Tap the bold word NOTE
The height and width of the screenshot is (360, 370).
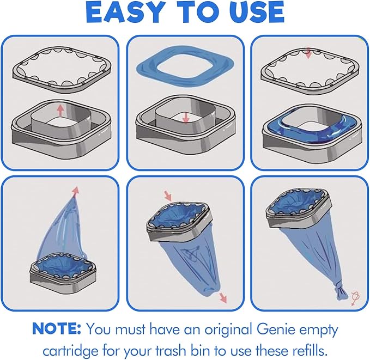tap(56, 328)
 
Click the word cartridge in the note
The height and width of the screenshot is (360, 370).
tap(70, 351)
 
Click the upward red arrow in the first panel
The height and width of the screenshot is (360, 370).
tap(60, 111)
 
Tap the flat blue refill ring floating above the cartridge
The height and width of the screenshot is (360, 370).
tap(185, 66)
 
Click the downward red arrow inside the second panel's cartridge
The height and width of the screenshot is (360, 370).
tap(186, 118)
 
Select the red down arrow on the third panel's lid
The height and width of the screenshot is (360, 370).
tap(308, 53)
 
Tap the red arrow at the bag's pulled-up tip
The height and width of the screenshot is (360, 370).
tap(76, 191)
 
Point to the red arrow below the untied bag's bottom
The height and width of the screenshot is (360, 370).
tap(222, 298)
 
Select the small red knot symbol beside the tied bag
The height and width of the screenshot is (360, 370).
tap(355, 298)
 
